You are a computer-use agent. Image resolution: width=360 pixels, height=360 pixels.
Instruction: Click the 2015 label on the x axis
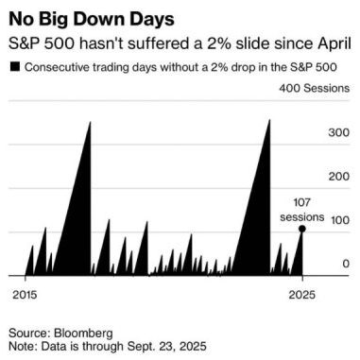(26, 293)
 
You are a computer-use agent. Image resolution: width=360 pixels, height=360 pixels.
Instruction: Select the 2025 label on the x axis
(302, 293)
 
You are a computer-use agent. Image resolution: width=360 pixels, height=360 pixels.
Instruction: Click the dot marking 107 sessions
(301, 229)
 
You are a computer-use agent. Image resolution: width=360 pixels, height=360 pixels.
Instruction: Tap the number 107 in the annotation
(302, 204)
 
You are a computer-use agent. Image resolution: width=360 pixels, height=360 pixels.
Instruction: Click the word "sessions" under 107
(302, 216)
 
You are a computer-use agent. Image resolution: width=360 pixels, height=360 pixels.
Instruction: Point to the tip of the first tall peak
(91, 122)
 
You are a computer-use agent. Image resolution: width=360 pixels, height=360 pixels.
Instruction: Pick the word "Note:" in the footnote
(25, 348)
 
